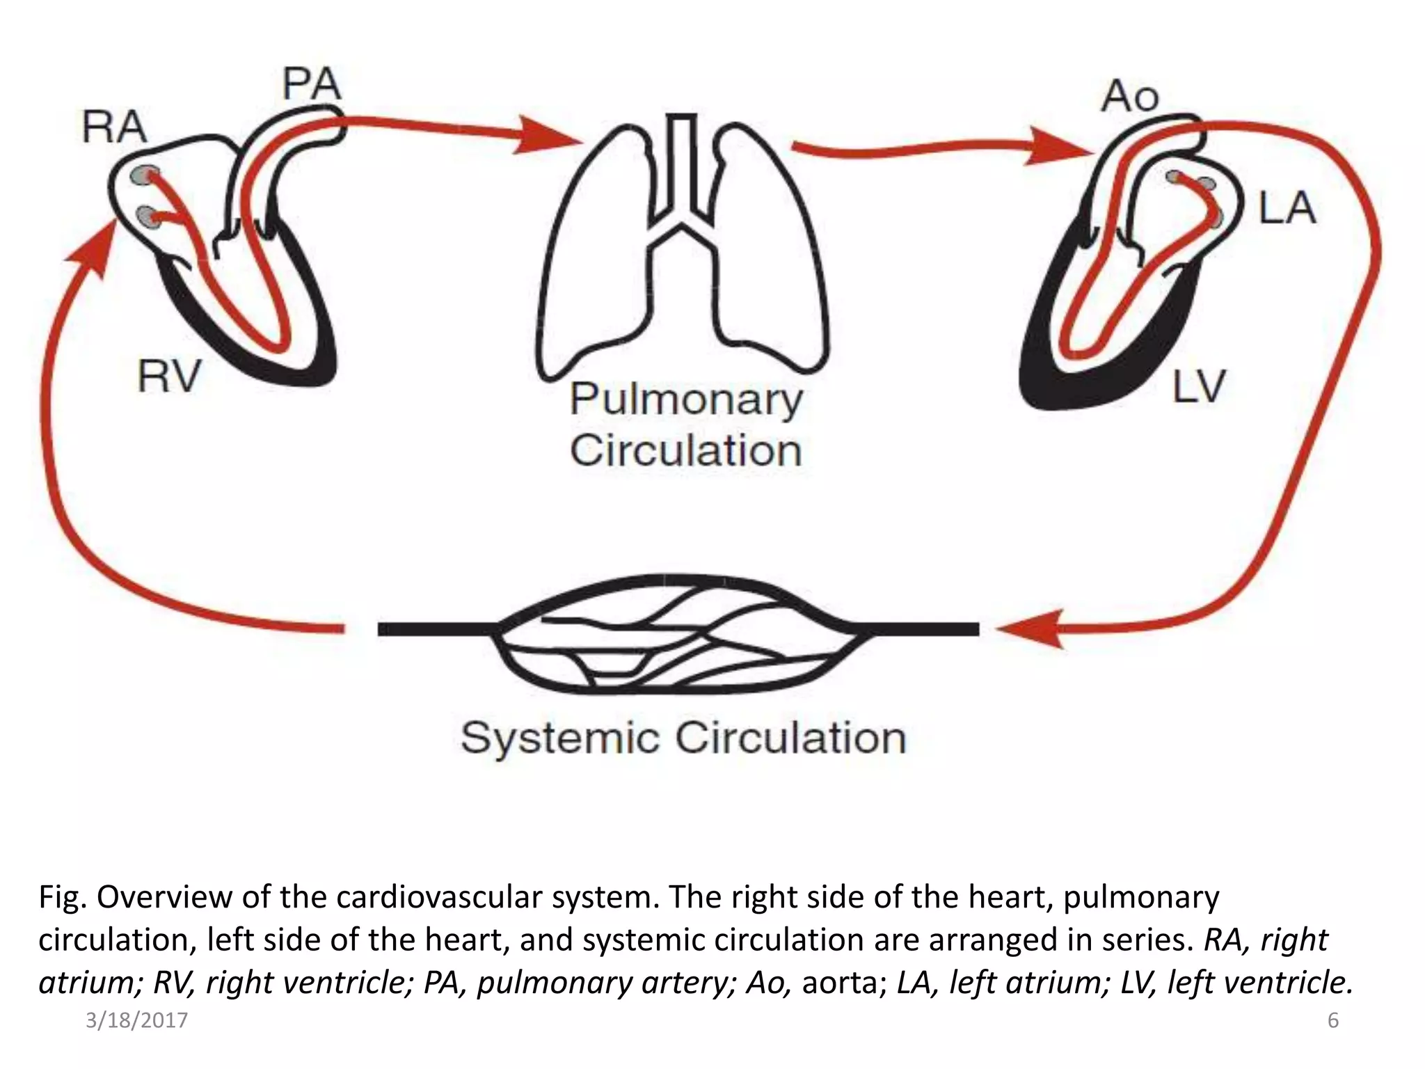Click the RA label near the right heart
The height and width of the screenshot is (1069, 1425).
115,128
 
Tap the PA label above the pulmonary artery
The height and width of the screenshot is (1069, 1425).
311,85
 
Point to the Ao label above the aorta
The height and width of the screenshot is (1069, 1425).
1130,97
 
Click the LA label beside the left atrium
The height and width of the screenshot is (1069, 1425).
1287,208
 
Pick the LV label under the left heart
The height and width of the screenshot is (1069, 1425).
1198,387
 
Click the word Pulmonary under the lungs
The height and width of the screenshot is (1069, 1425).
685,400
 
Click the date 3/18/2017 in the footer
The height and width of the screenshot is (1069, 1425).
136,1021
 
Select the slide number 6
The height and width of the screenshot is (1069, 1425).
1333,1021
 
